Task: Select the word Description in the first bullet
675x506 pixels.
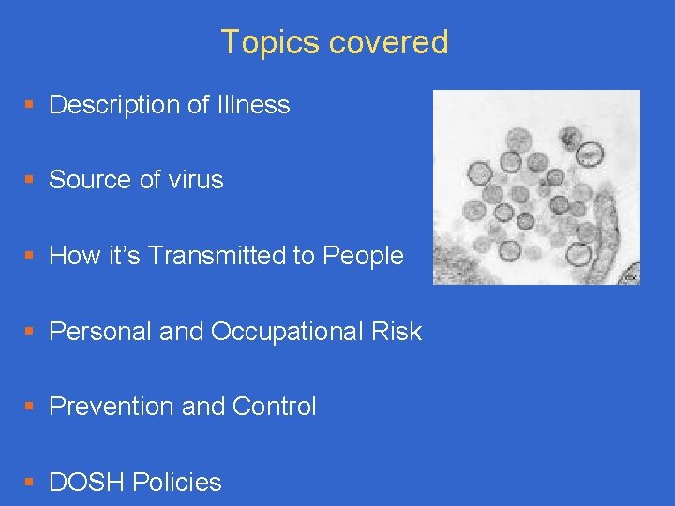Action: [114, 105]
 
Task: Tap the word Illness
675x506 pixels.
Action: [252, 105]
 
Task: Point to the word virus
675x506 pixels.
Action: [194, 180]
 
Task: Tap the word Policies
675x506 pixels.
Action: [177, 483]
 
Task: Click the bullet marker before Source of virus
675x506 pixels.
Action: [31, 181]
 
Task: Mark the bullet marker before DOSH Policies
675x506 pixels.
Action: [31, 484]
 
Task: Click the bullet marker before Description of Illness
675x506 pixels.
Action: [31, 106]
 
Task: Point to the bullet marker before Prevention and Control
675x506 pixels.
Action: [31, 408]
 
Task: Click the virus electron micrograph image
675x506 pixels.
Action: [535, 187]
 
